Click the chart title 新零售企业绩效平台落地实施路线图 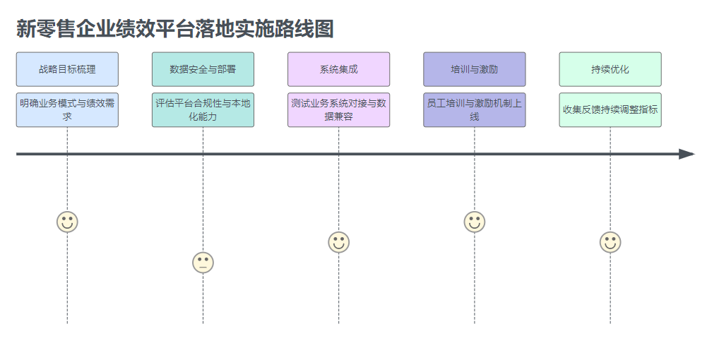(174, 29)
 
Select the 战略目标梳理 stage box (67, 69)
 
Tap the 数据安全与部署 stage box (203, 69)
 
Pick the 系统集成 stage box (338, 69)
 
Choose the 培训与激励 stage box (475, 69)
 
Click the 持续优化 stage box (610, 69)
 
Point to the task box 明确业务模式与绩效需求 (67, 110)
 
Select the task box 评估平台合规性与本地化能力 (203, 110)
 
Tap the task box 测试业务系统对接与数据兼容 (338, 110)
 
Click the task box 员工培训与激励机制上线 (475, 110)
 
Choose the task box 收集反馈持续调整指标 (610, 110)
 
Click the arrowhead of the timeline (687, 154)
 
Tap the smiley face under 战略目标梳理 (67, 222)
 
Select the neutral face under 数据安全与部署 (203, 263)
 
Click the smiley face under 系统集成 (339, 242)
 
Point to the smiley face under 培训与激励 (475, 222)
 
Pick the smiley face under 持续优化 (610, 242)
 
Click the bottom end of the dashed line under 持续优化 (610, 323)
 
